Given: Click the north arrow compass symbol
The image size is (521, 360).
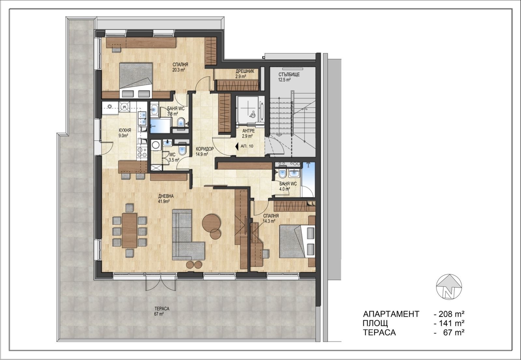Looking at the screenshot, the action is (x=449, y=287).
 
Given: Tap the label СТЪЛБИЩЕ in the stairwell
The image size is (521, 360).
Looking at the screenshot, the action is (x=289, y=75).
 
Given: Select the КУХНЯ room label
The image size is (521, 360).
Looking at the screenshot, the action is (x=125, y=130).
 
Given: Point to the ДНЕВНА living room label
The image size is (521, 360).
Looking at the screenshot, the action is (x=166, y=196).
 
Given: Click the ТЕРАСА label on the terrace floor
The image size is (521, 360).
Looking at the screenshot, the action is (x=162, y=309).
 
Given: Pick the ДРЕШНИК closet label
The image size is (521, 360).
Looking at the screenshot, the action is (x=245, y=71).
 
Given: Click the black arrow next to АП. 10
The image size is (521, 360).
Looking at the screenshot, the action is (x=236, y=146).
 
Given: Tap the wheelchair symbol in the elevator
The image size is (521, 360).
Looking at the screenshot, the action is (x=252, y=114).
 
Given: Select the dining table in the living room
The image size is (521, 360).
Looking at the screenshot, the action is (x=129, y=230).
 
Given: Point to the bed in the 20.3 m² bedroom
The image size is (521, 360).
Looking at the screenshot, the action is (x=136, y=80).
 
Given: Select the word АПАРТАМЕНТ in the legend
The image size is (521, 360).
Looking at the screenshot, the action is (x=391, y=314).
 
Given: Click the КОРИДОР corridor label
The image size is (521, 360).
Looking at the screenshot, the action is (x=205, y=149).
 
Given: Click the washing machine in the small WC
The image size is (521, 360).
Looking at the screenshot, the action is (x=155, y=145).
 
